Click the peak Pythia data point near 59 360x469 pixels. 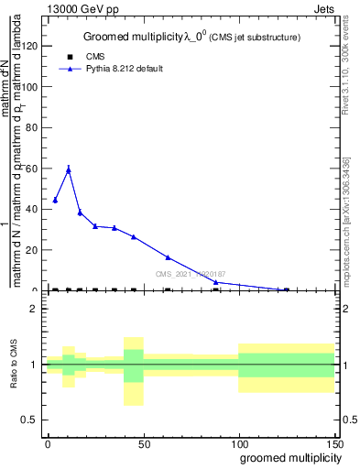point(69,169)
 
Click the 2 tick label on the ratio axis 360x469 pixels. point(35,309)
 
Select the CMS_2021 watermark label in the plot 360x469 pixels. point(191,274)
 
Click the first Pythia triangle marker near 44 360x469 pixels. point(55,200)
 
